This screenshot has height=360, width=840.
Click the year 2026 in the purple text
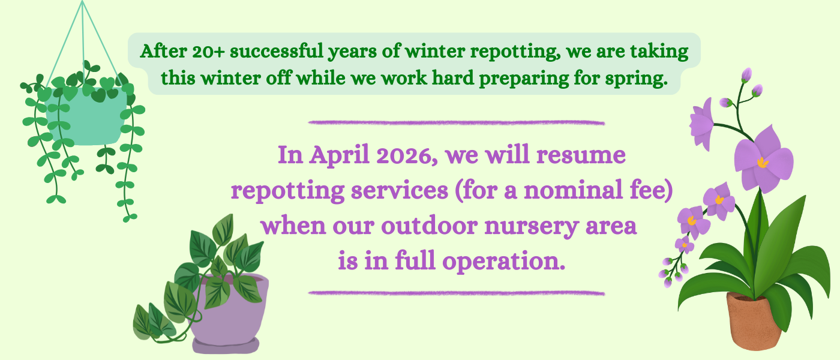coord(407,155)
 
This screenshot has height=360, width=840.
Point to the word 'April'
coord(339,155)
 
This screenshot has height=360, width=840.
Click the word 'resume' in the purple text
coord(581,155)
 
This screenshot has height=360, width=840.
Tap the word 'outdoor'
coord(430,226)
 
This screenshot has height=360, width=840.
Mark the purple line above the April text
coord(457,122)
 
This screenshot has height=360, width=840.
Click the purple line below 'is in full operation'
coord(457,293)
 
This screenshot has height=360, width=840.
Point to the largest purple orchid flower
coord(763,160)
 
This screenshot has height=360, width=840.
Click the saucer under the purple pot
coord(226,346)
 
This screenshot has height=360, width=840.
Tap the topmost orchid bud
coord(746,74)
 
